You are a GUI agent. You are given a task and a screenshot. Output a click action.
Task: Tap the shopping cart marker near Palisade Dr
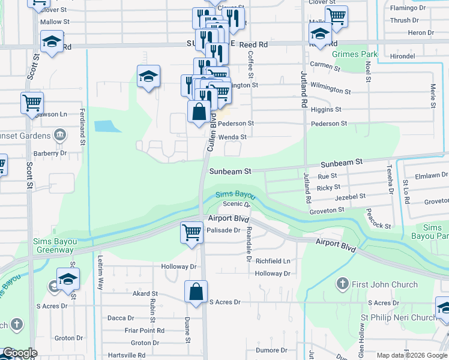pos(191,231)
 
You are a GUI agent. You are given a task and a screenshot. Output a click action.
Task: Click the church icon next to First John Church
pos(342,283)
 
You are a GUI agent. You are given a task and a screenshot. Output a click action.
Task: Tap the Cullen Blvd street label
pos(211,134)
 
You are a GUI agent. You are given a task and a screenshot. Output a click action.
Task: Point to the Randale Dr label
pos(248,245)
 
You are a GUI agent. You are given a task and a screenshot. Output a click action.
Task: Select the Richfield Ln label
pos(273,262)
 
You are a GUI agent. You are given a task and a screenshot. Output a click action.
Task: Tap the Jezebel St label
pos(350,197)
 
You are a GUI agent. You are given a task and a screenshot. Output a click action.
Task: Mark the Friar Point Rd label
pos(144,331)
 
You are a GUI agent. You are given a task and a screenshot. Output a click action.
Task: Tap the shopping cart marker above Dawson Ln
pos(31,103)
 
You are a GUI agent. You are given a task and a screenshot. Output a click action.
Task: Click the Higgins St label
pos(326,110)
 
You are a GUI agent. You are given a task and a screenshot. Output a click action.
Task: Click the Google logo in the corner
pos(20,353)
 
